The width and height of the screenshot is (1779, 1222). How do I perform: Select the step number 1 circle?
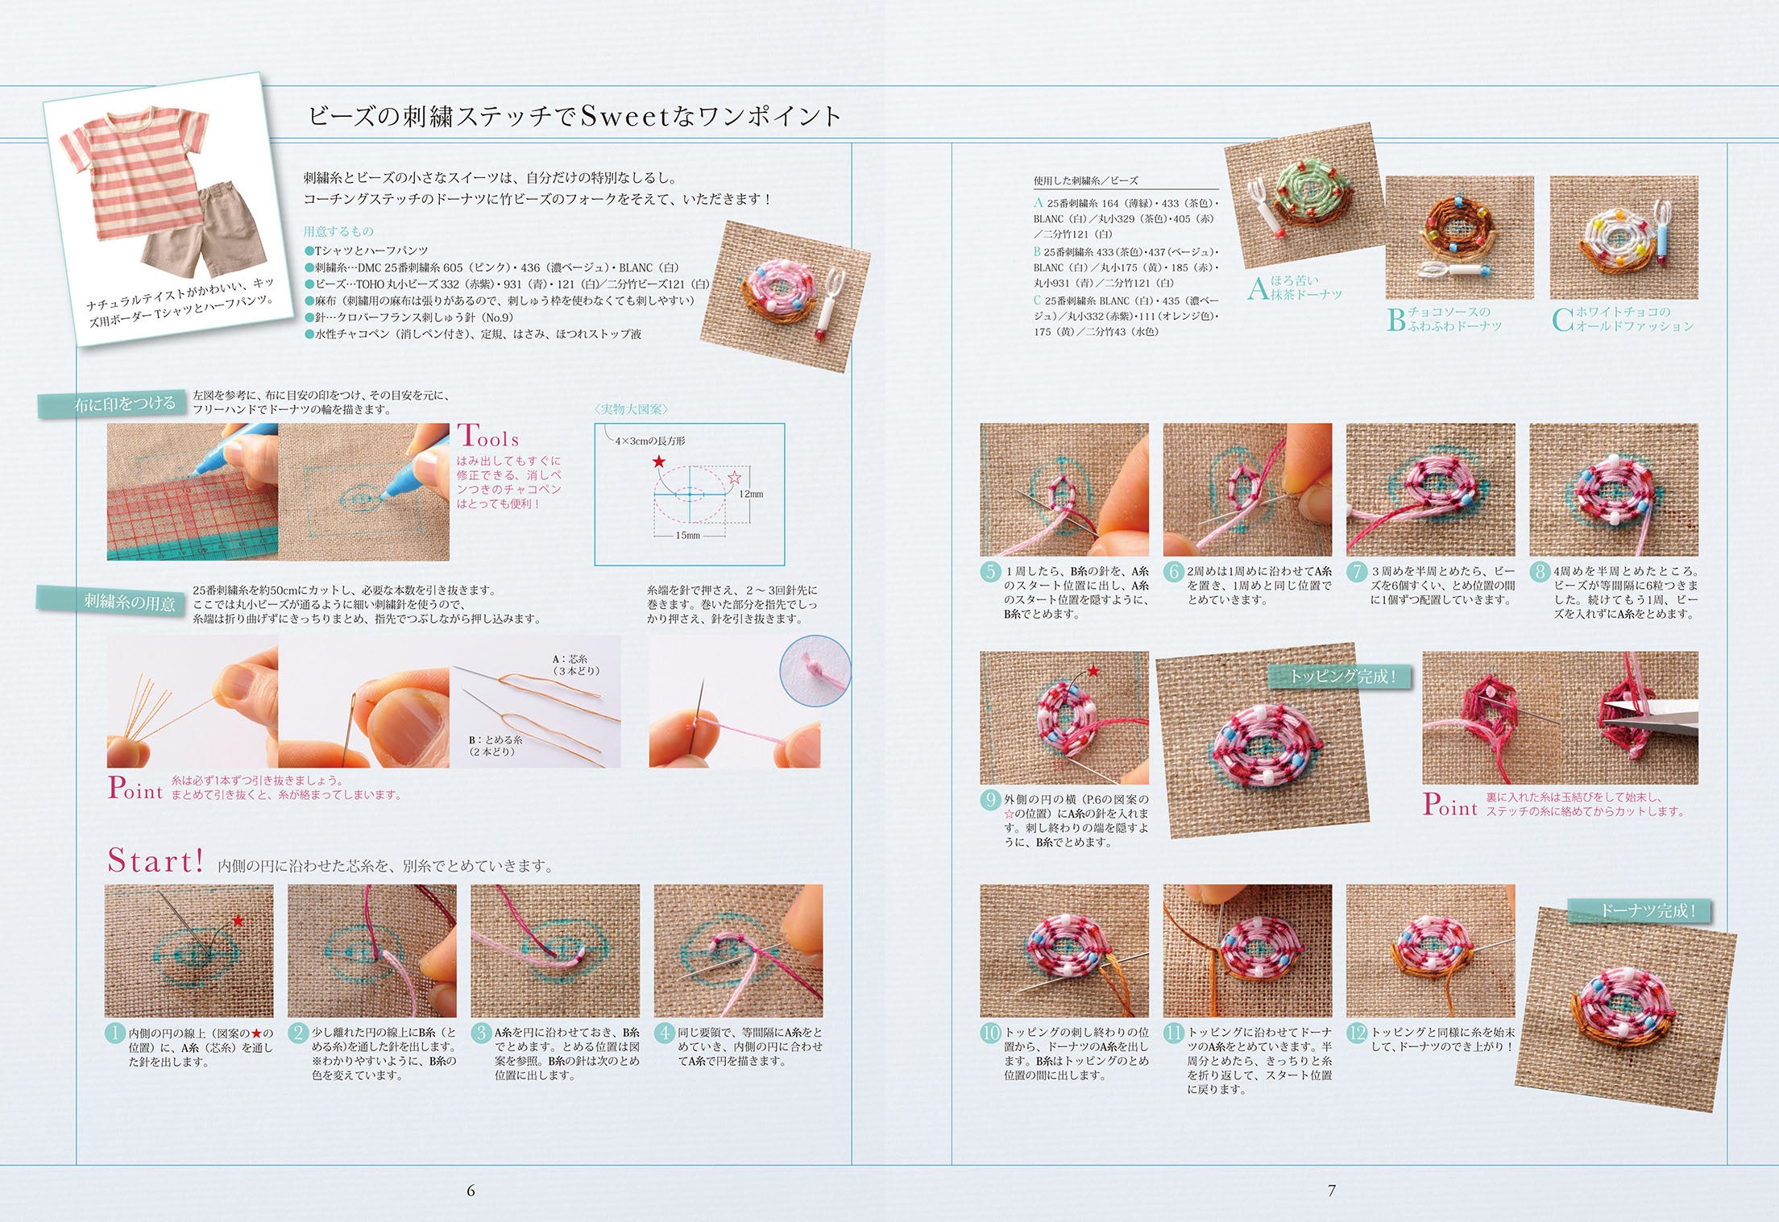coord(115,1033)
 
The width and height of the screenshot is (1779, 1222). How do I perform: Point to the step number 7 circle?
coord(1357,571)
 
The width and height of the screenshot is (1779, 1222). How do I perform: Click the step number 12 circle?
coord(1357,1033)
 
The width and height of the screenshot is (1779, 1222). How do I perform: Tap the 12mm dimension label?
coord(751,494)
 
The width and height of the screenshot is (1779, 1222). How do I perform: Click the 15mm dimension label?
coord(687,535)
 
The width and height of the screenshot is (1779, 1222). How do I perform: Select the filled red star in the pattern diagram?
coord(659,462)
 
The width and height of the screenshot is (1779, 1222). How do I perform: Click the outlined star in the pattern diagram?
coord(735,478)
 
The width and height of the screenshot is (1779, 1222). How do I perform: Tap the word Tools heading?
coord(488,437)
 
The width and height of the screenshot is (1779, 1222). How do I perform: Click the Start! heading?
coord(156,861)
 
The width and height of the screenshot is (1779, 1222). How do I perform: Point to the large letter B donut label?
coord(1396,319)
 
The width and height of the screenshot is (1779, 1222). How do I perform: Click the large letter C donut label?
coord(1562,319)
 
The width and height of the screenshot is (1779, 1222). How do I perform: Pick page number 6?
coord(471,1191)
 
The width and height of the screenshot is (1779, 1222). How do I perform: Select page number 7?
coord(1332,1191)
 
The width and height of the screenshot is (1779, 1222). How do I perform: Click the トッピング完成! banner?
coord(1342,677)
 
